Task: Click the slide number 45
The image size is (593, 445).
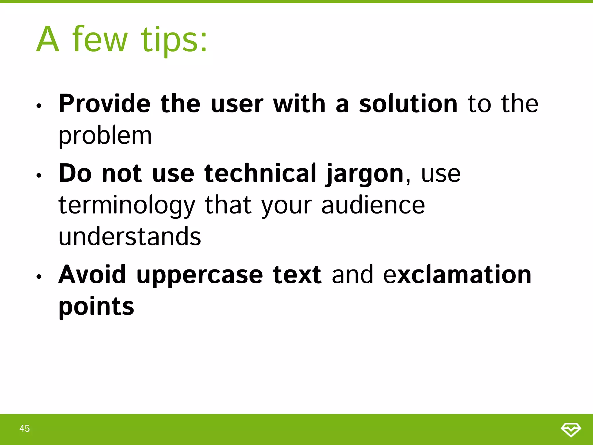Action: (x=25, y=428)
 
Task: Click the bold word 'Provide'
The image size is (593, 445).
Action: (x=105, y=104)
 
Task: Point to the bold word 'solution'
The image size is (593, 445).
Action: (x=408, y=104)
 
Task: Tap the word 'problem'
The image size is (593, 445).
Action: (x=105, y=136)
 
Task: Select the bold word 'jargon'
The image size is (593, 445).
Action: (x=365, y=174)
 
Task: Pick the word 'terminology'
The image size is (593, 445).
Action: (x=127, y=205)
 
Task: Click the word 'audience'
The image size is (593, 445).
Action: (x=373, y=205)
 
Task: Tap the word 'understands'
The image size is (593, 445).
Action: (x=130, y=236)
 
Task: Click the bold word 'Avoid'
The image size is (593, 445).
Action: (x=92, y=274)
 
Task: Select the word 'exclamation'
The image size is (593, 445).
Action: (x=457, y=274)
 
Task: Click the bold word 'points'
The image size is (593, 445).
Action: (x=96, y=307)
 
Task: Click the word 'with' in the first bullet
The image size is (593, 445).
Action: (x=299, y=104)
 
